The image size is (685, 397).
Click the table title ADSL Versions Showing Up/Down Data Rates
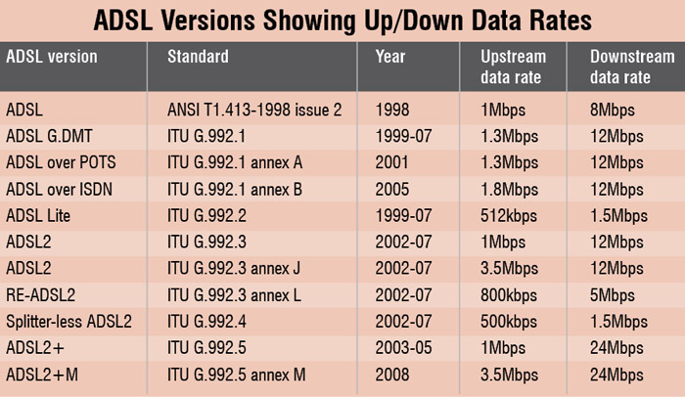click(x=342, y=19)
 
